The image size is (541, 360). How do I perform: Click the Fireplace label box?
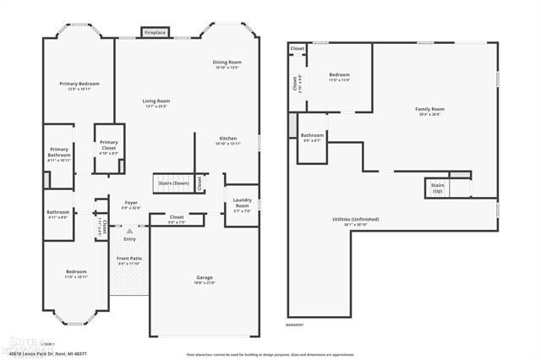155,33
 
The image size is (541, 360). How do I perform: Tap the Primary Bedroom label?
79,85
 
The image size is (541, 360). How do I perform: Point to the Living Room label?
156,103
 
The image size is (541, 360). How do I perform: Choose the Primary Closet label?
109,145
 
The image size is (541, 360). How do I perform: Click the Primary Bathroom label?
59,152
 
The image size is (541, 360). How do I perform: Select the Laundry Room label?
242,204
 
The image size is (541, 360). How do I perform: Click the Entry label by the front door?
129,238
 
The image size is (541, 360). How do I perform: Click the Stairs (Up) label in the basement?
437,188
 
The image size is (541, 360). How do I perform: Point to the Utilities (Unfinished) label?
355,221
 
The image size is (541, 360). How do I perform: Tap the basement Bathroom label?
312,137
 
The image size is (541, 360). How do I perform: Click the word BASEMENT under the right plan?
294,325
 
